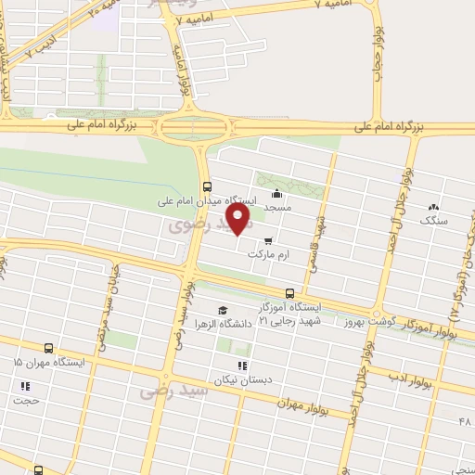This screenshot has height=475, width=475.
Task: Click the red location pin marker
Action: point(239,219)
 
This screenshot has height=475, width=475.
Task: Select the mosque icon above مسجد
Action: point(276,195)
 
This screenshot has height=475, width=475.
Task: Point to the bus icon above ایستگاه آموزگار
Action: point(289,292)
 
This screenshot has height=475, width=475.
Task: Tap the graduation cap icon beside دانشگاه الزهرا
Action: point(222,310)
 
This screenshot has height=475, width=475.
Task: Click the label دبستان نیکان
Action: point(242,380)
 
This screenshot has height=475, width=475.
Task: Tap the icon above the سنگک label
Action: point(433,206)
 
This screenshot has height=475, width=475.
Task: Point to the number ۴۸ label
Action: point(464,422)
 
